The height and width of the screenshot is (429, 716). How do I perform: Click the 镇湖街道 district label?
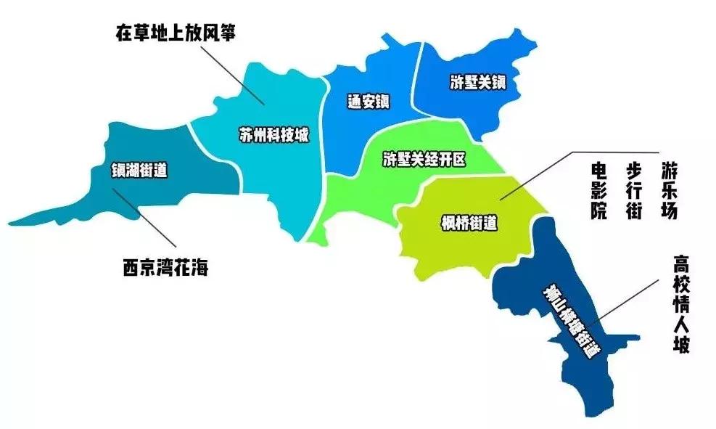[x=139, y=171]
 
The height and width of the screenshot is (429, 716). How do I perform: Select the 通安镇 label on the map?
[x=368, y=102]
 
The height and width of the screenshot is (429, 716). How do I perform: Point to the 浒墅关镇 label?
[x=477, y=82]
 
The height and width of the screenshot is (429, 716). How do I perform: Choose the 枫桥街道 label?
[x=469, y=223]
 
